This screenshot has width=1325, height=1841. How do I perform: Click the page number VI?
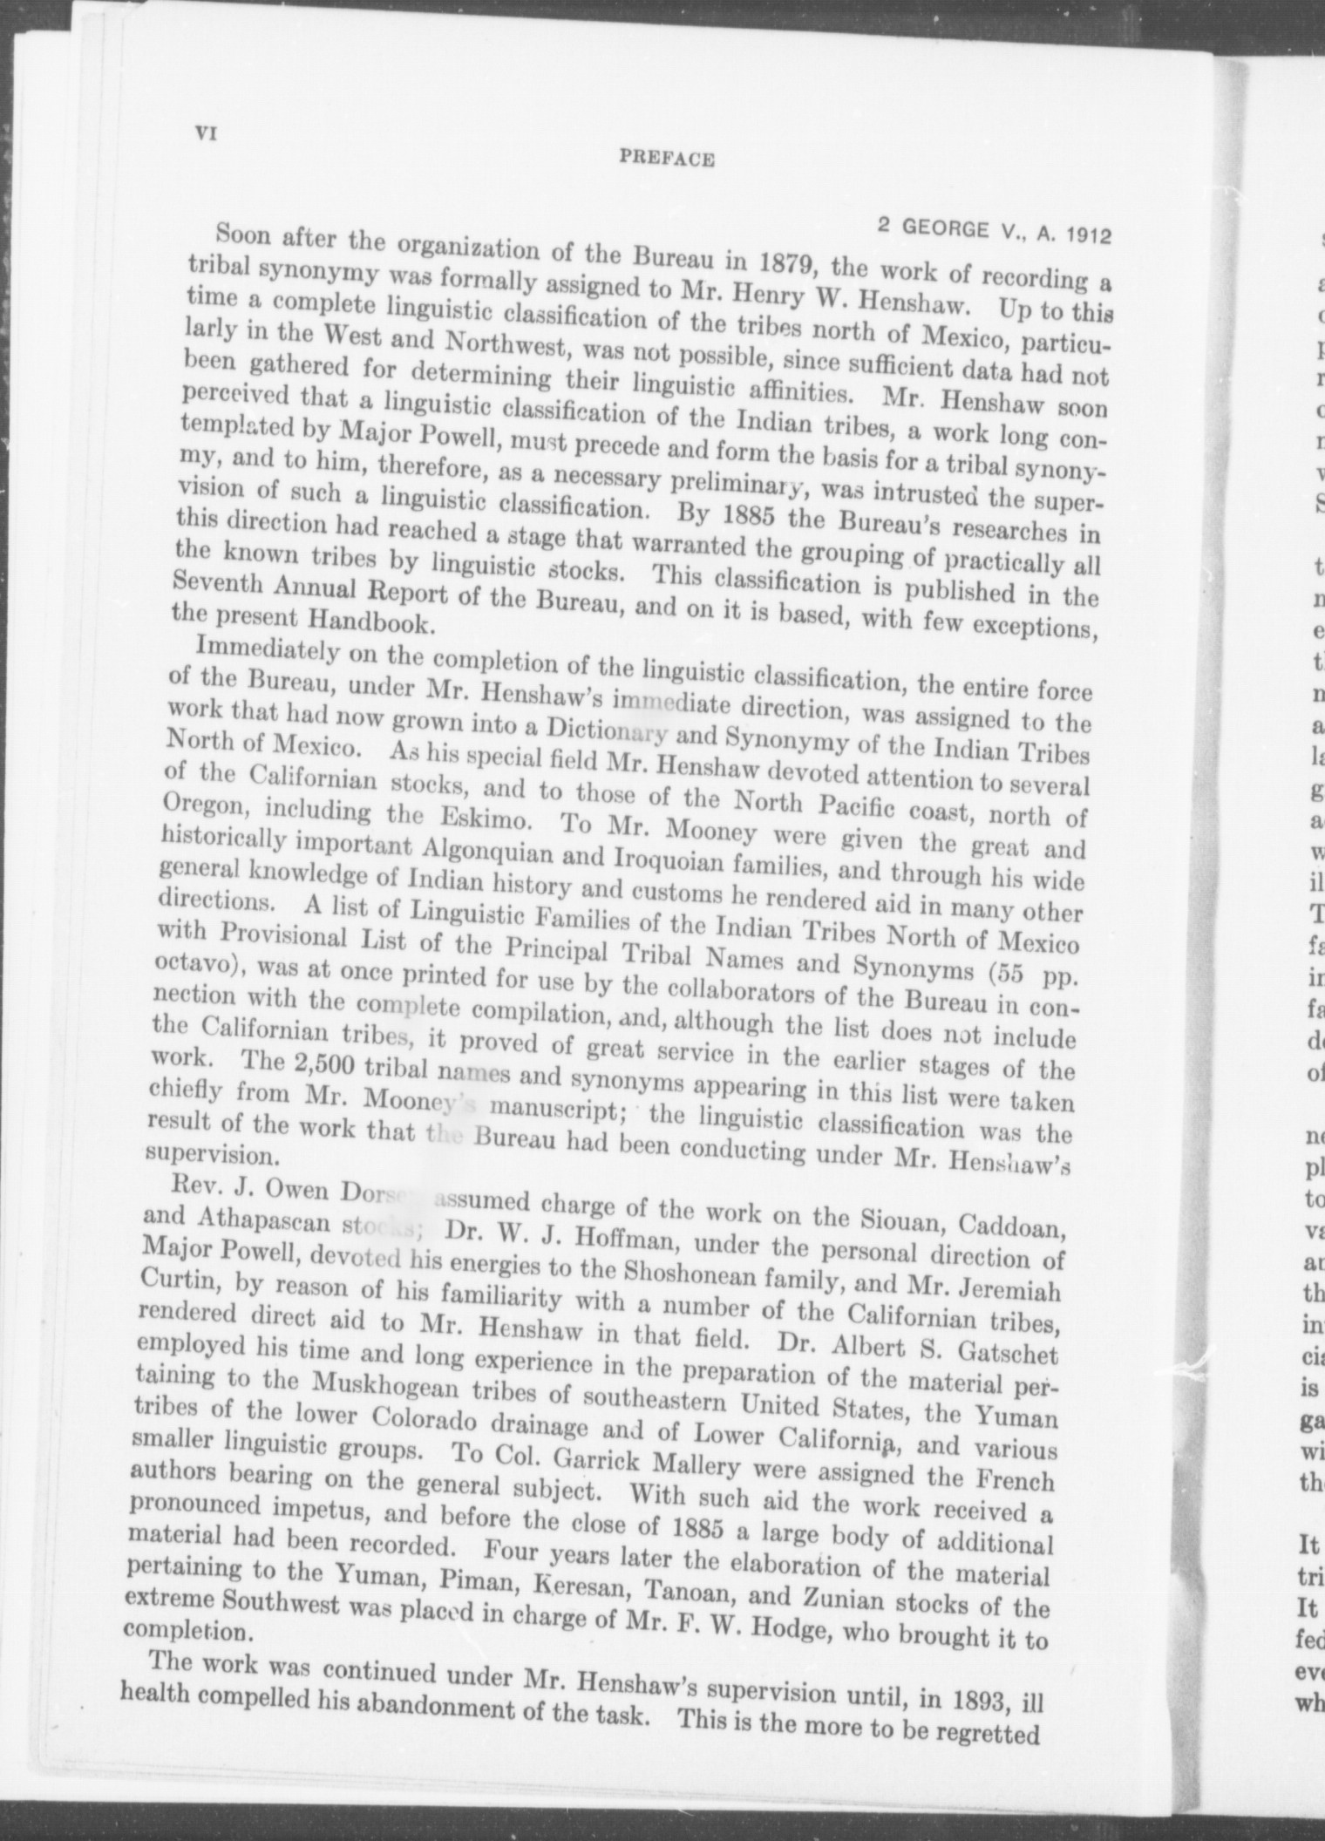click(x=207, y=133)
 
